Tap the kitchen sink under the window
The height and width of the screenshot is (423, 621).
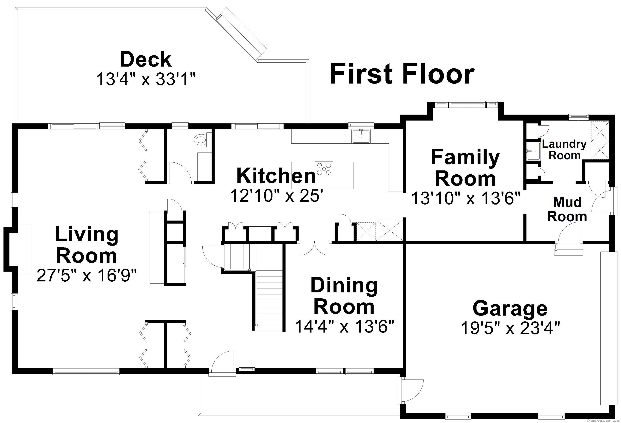point(361,136)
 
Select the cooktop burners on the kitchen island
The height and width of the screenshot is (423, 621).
point(324,169)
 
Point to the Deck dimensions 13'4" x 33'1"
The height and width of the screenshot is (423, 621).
point(146,80)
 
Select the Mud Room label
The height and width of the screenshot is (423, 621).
point(567,209)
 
